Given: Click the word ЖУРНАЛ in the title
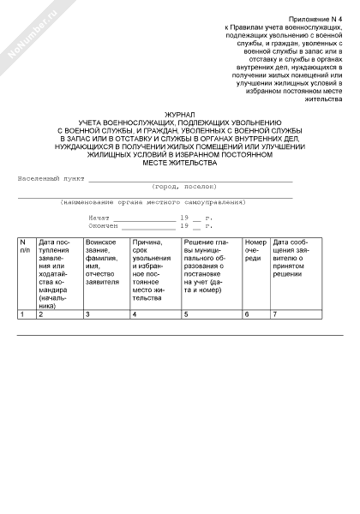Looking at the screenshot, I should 180,114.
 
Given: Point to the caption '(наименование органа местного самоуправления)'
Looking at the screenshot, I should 153,202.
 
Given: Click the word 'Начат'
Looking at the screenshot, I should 99,218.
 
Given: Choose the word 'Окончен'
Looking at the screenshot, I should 103,225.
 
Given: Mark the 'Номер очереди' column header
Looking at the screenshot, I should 255,251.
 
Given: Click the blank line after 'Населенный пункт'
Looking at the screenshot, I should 189,180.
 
